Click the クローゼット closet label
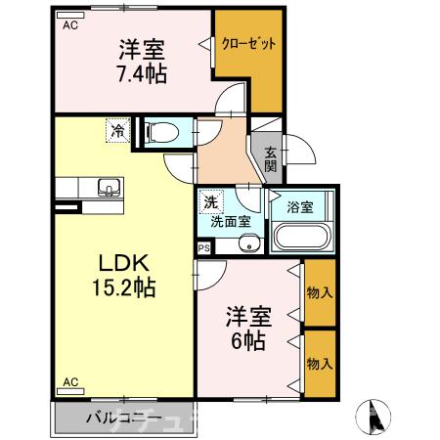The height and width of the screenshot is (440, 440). pos(247,44)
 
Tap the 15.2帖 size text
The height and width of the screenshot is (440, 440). pos(122,289)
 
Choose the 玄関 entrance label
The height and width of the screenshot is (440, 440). pos(269,159)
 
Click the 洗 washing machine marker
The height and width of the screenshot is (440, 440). pos(210,202)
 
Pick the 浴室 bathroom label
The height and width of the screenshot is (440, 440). pos(299,207)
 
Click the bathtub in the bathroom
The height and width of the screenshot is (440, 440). pos(301,238)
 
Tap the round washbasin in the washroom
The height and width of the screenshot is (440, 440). pos(248,243)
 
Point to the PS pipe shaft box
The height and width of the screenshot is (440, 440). pos(203,249)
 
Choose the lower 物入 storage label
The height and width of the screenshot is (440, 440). pos(320,364)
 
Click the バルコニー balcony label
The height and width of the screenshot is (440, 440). pos(122,418)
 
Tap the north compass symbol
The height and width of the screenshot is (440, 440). pos(374,418)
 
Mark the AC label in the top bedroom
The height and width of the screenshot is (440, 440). pos(70,26)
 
